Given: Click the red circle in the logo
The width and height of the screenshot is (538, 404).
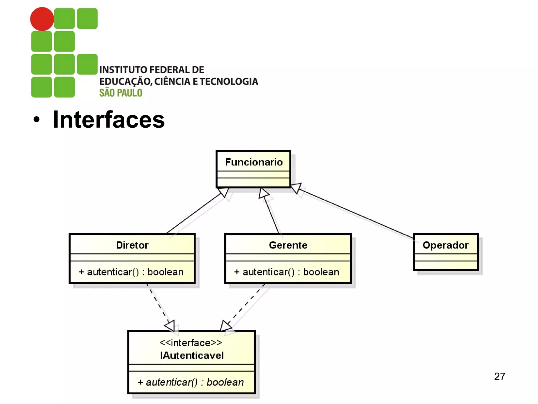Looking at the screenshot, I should coord(42,19).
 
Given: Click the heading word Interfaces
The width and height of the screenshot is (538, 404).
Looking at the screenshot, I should coord(108,120).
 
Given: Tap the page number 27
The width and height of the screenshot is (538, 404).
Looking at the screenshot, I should coord(499,376).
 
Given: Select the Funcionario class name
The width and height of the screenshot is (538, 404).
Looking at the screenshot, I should coord(254,162).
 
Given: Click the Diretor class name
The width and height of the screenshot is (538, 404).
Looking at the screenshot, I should coord(132,245).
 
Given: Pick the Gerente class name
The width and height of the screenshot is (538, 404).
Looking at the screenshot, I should coord(288,245).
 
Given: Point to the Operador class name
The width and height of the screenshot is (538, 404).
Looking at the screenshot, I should coord(445,245).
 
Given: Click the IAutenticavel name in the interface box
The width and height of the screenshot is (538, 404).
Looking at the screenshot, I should coord(192,355).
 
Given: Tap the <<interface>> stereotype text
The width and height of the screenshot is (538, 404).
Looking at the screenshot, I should coord(191,343).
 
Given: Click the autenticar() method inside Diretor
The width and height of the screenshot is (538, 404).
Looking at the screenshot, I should coord(131,272).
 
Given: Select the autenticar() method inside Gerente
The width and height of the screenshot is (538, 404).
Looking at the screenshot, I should coord(287,272).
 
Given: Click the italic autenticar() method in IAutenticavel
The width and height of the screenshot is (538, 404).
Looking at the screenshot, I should coord(191,382).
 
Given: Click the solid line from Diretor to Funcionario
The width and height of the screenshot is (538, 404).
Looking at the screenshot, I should coord(194,213).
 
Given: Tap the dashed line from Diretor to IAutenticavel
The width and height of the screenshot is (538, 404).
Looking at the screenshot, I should coord(158,302).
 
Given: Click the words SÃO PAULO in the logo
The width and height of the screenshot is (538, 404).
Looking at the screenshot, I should coord(121,93).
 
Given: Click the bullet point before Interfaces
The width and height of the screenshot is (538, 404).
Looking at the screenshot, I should coord(37,120).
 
